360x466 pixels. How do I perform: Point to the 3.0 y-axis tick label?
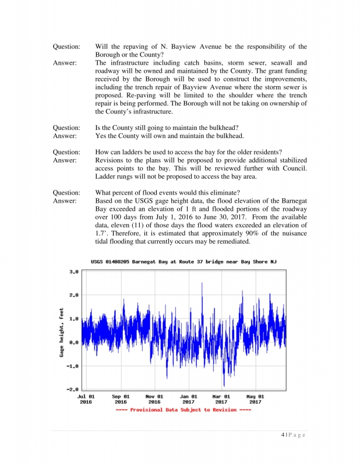tap(75, 272)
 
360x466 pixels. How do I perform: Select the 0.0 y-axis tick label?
tap(75, 343)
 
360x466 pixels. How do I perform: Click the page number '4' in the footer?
tap(282, 435)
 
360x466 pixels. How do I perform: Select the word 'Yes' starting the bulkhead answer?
tap(101, 136)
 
